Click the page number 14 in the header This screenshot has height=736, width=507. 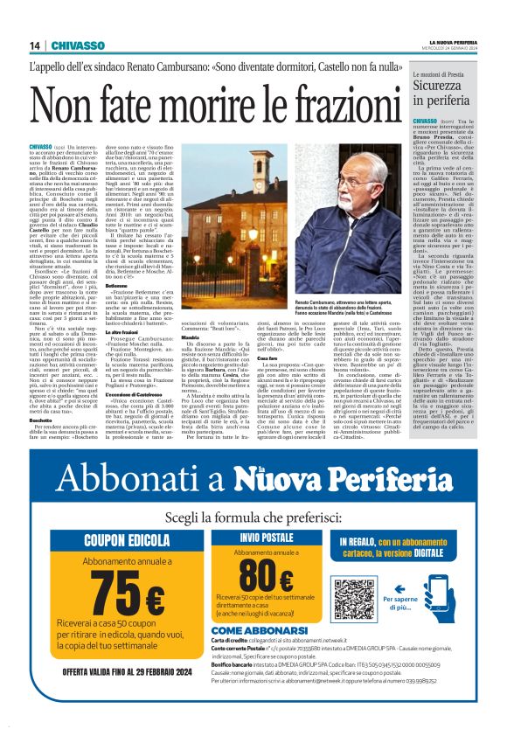pos(34,45)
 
